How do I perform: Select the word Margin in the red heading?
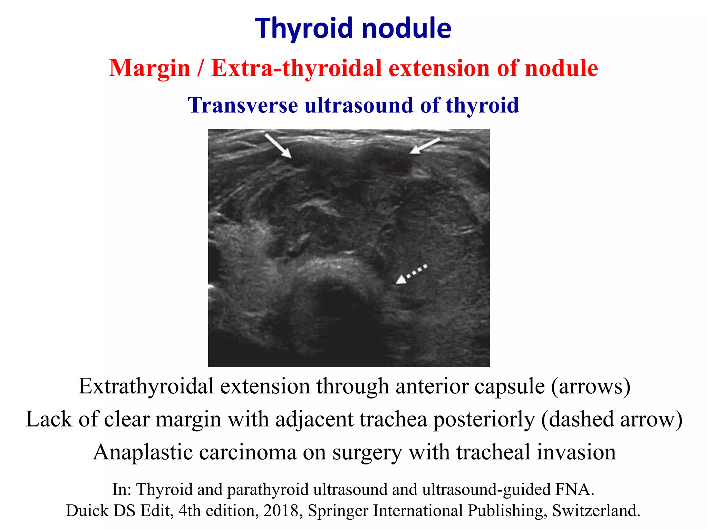149,68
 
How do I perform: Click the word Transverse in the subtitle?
243,105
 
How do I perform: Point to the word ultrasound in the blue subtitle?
359,105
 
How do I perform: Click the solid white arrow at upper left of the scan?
278,146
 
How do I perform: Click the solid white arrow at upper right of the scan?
425,146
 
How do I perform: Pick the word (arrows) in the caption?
591,386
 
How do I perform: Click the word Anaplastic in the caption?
143,452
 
